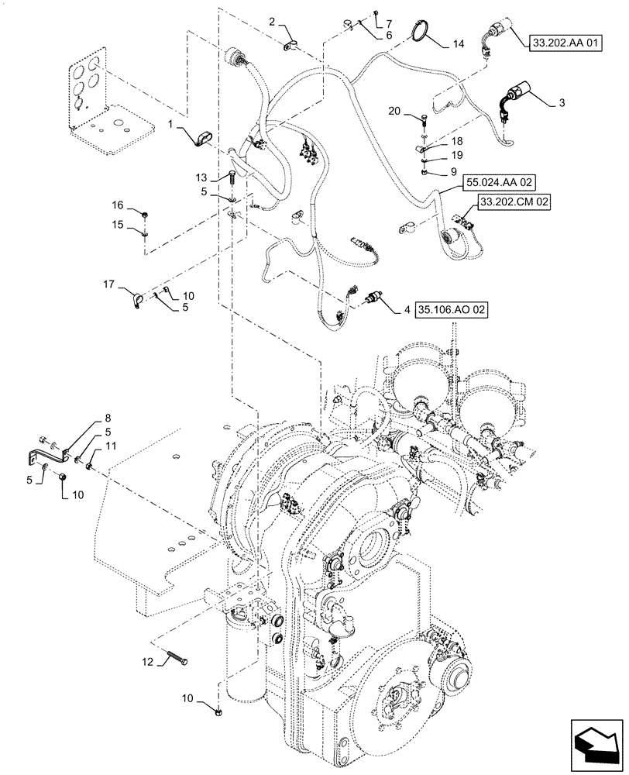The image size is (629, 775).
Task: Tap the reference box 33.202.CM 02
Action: [x=512, y=203]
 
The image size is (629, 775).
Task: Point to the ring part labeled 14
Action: [x=419, y=33]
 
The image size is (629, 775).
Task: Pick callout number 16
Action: [x=117, y=205]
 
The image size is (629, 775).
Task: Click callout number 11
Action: [x=110, y=446]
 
